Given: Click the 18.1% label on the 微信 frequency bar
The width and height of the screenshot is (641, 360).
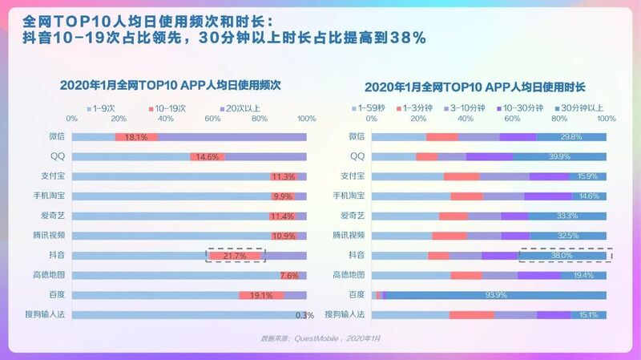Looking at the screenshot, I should [x=135, y=137].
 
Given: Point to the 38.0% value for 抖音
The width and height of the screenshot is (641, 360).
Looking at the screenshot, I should [x=562, y=255].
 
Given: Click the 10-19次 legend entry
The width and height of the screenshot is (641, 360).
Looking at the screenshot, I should [x=171, y=107].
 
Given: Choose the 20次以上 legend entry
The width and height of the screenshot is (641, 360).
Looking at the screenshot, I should [x=241, y=107].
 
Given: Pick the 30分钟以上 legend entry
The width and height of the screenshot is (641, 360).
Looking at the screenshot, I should [x=581, y=107].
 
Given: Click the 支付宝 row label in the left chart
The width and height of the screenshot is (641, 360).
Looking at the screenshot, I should [x=53, y=176].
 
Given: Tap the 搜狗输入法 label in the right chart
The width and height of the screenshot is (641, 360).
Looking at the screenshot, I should [x=349, y=314].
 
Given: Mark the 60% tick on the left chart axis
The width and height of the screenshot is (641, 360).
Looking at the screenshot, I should [x=213, y=119].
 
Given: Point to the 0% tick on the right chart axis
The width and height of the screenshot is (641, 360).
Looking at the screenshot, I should [x=373, y=119].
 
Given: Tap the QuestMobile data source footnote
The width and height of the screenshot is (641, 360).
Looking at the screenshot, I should [x=320, y=338].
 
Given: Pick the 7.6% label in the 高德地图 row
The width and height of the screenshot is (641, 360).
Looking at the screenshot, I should [x=289, y=275].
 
